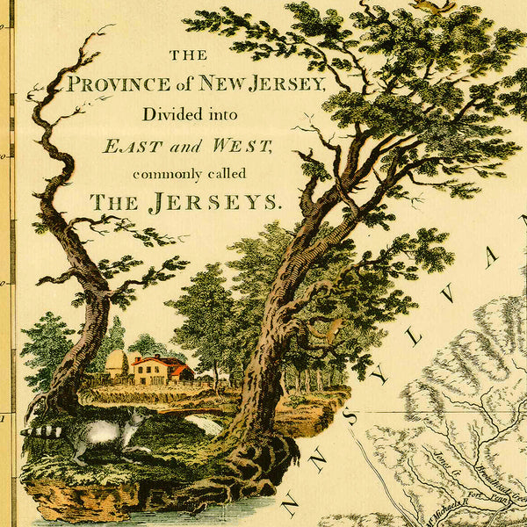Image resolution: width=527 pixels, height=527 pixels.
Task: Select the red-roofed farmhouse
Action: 160,369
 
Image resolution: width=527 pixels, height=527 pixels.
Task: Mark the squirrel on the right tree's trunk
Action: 332,331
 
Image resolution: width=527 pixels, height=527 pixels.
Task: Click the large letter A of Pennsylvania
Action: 491,260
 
